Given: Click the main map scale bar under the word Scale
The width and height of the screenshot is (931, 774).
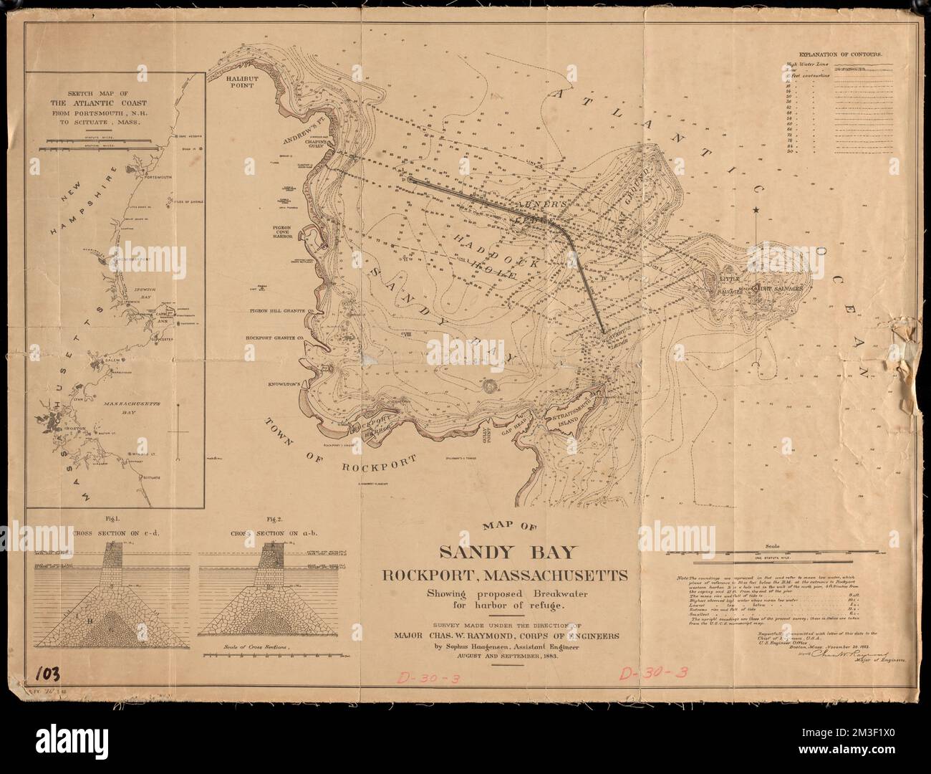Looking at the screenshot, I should [x=771, y=553].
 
